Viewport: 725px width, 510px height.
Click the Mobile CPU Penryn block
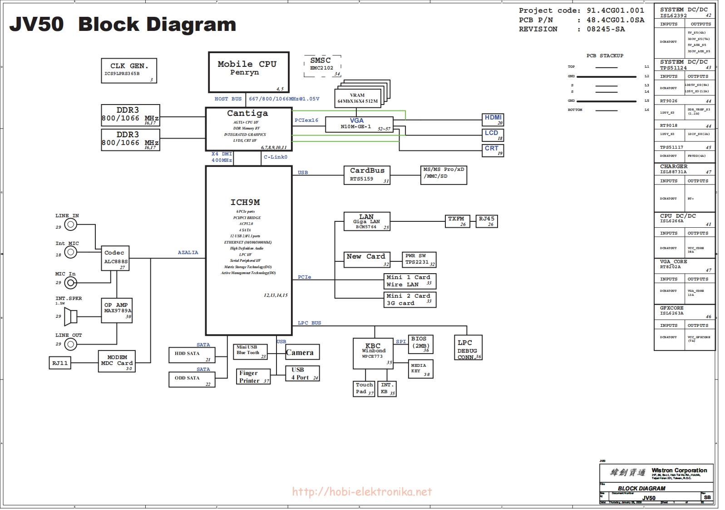[x=248, y=72]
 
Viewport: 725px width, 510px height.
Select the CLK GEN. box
[x=129, y=70]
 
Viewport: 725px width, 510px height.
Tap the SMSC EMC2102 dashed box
[x=322, y=66]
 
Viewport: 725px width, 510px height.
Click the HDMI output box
[x=493, y=120]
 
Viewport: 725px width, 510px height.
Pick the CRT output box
[x=493, y=150]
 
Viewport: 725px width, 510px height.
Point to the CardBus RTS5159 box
[x=367, y=175]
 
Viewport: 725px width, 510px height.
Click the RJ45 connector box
[x=486, y=221]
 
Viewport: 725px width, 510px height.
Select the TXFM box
[x=457, y=221]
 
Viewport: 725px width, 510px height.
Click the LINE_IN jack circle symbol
[x=70, y=224]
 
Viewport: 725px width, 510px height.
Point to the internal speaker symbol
[x=70, y=316]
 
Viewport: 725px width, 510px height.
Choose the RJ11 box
[x=60, y=363]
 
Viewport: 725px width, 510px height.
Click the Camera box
[x=302, y=352]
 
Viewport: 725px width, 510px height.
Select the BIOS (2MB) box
[x=420, y=345]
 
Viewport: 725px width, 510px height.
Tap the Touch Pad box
[x=364, y=389]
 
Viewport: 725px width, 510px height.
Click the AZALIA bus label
[x=188, y=253]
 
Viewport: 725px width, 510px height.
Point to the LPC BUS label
[x=309, y=323]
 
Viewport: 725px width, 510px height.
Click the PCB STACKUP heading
[x=605, y=55]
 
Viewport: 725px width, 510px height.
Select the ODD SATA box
[x=192, y=380]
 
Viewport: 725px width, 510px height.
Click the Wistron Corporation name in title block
[x=679, y=470]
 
